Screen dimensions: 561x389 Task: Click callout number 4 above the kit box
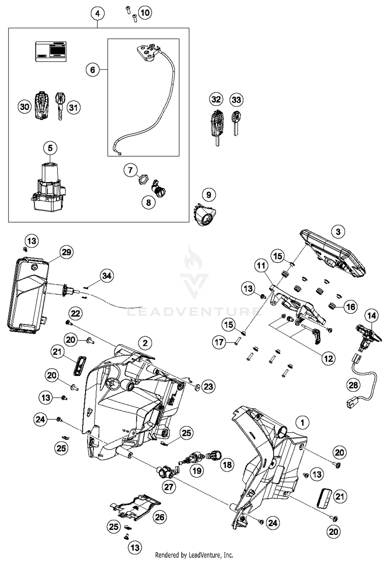click(98, 13)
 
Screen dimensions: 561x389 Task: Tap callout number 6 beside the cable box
click(93, 70)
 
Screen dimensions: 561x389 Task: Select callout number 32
click(216, 99)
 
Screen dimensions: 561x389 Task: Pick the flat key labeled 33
click(236, 121)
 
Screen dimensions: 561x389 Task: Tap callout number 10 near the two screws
click(145, 12)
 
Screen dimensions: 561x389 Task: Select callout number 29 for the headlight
click(66, 252)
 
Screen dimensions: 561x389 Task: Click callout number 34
click(107, 276)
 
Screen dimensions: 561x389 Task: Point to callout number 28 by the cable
click(353, 385)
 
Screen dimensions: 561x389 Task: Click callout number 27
click(169, 487)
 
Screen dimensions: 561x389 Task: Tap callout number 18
click(227, 465)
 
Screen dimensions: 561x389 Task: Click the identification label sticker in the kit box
click(51, 51)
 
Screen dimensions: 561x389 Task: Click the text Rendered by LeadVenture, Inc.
click(194, 555)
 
